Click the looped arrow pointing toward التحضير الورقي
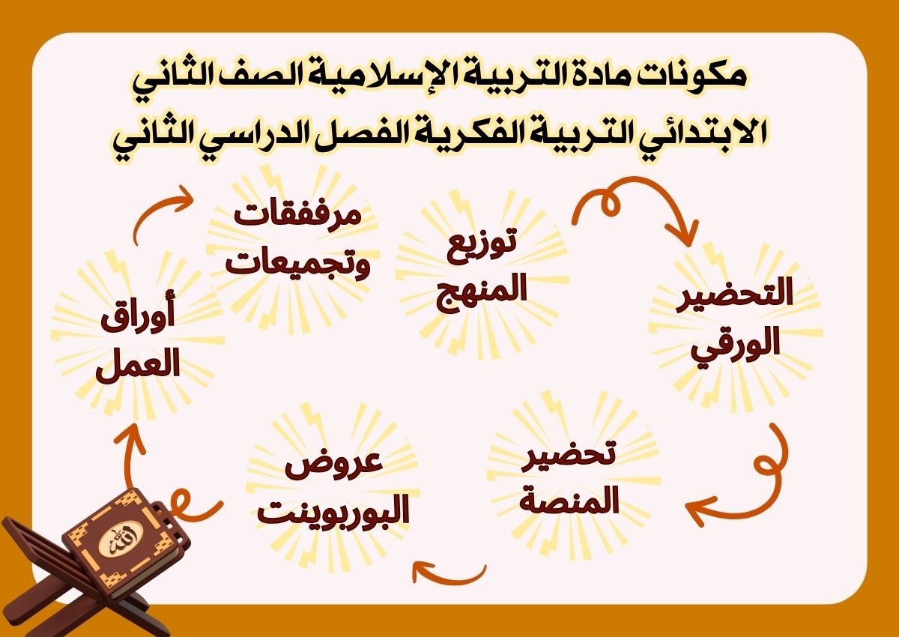(637, 205)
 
